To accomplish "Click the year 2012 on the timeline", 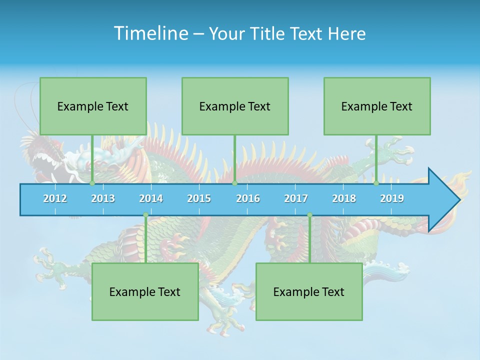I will [55, 198].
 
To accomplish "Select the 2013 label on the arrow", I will [103, 198].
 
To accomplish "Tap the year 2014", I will [151, 198].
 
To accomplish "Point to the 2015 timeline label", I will [199, 198].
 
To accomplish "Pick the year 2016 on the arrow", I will [248, 198].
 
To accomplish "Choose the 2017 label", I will [296, 198].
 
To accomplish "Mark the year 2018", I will [344, 198].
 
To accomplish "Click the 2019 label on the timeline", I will [392, 198].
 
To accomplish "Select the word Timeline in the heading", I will [150, 33].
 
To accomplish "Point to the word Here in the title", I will [347, 33].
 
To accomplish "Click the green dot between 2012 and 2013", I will [92, 183].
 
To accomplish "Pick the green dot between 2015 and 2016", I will [234, 183].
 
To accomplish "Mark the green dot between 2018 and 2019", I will [376, 183].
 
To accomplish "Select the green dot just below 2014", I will [145, 215].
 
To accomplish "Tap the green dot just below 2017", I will [309, 215].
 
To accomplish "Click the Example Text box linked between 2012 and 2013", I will [93, 106].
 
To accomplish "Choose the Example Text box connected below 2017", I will [309, 291].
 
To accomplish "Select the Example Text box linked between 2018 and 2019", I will [377, 106].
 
